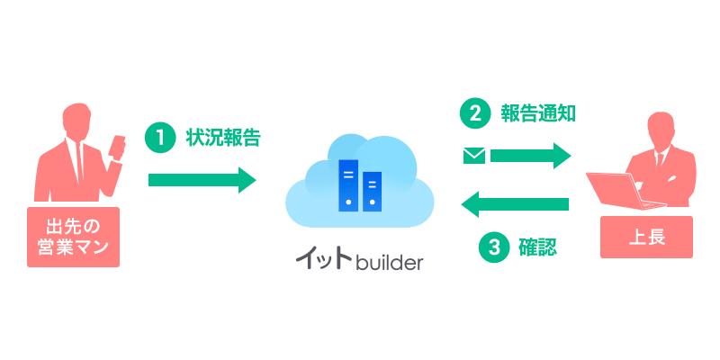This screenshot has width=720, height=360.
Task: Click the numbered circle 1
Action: pyautogui.click(x=158, y=138)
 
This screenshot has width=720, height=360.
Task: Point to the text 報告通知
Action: pyautogui.click(x=537, y=113)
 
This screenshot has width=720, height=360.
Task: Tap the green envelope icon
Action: pyautogui.click(x=473, y=156)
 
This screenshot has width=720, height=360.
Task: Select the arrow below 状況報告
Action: pyautogui.click(x=202, y=179)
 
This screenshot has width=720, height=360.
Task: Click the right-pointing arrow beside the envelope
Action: pyautogui.click(x=531, y=156)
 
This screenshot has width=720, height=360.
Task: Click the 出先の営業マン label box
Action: pyautogui.click(x=73, y=236)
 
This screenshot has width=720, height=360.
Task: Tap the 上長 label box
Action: pyautogui.click(x=646, y=238)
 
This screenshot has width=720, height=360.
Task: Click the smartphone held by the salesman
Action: pyautogui.click(x=118, y=146)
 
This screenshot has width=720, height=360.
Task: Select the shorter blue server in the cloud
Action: pyautogui.click(x=371, y=191)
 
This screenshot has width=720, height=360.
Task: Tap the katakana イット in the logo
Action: pyautogui.click(x=325, y=260)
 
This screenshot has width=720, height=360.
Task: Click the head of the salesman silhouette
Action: pyautogui.click(x=76, y=121)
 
